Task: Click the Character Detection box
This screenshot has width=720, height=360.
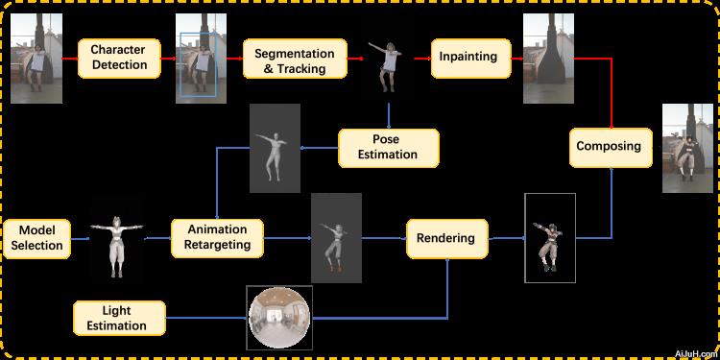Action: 119,58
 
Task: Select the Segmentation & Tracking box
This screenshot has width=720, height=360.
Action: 294,60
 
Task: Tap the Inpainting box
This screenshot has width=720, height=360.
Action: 468,57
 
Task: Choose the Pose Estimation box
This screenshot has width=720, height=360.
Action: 388,147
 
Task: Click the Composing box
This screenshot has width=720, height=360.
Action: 609,147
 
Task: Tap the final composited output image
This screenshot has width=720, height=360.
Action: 688,147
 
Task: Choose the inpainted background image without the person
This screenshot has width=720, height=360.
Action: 547,58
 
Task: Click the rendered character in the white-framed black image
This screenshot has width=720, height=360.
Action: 549,238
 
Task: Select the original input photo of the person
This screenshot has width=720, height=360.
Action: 36,58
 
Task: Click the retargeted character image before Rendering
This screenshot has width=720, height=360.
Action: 336,237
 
